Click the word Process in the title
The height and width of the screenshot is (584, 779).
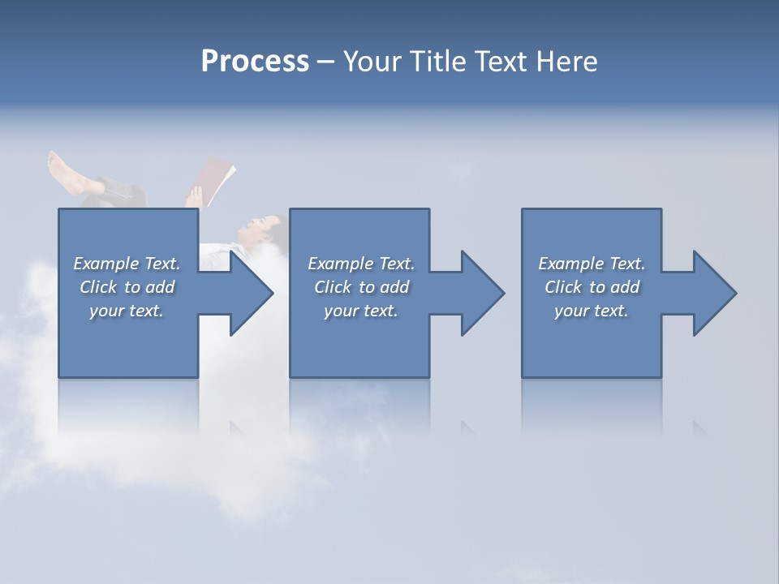pos(255,62)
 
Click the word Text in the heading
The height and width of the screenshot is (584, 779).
pos(503,62)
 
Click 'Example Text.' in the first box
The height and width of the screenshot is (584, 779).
pos(127,264)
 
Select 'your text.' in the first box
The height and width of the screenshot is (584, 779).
pos(127,311)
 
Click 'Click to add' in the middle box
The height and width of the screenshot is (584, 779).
pos(361,287)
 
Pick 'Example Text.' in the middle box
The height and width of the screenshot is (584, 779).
pos(361,264)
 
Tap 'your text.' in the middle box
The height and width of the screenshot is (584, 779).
pos(361,311)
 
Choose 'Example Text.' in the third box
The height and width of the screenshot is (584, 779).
pos(592,264)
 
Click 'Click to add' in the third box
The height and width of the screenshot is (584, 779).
pos(592,287)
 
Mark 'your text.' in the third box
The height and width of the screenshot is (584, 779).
pos(592,311)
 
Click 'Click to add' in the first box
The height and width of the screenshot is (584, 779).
pos(127,287)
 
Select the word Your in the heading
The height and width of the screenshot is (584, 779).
pos(371,62)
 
